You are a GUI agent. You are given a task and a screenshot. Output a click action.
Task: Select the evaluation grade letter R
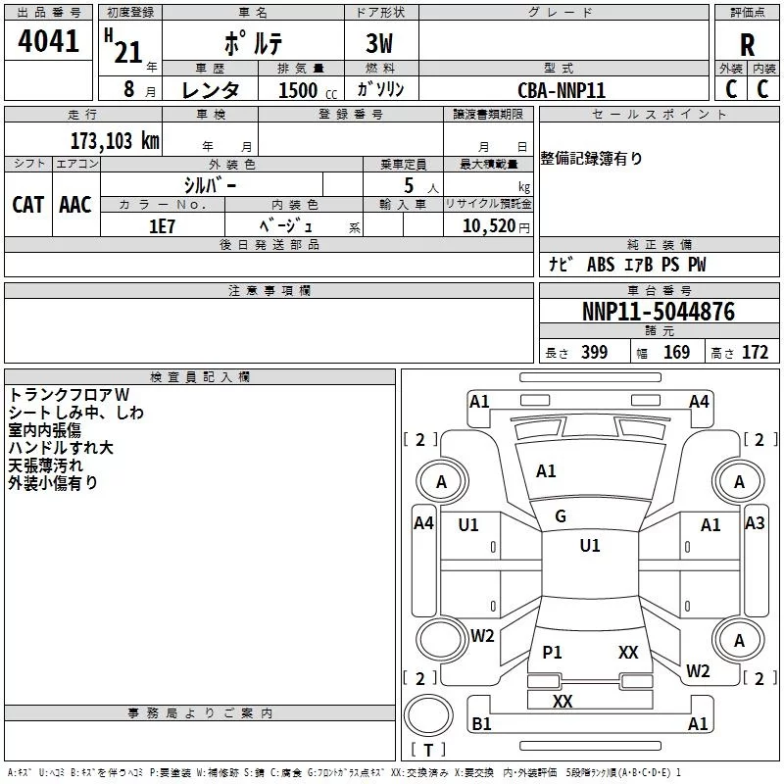pyautogui.click(x=747, y=45)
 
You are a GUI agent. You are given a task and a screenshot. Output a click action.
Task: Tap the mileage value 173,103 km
pyautogui.click(x=114, y=140)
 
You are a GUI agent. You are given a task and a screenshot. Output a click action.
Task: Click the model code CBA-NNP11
pyautogui.click(x=562, y=90)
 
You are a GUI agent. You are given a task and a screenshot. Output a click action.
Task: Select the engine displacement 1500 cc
pyautogui.click(x=299, y=90)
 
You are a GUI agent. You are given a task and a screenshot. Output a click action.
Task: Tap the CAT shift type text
pyautogui.click(x=28, y=204)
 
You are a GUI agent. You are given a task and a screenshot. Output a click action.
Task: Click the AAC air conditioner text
pyautogui.click(x=75, y=204)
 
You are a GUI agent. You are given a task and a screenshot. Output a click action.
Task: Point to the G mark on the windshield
pyautogui.click(x=561, y=516)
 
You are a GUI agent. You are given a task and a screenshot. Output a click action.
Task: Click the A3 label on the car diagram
pyautogui.click(x=755, y=523)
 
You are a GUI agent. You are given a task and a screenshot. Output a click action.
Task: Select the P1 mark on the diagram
pyautogui.click(x=553, y=652)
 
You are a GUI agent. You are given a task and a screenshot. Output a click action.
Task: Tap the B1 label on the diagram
pyautogui.click(x=481, y=724)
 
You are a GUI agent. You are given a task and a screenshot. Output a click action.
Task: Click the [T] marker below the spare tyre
pyautogui.click(x=428, y=750)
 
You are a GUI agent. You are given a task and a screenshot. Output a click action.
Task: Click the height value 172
pyautogui.click(x=755, y=353)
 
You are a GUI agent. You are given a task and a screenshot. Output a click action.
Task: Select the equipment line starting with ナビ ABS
pyautogui.click(x=627, y=265)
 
